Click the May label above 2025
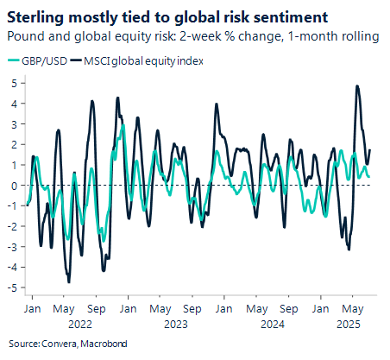(x=352, y=307)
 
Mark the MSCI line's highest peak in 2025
(x=357, y=85)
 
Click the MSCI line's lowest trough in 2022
(x=68, y=281)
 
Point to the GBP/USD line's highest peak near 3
(x=123, y=125)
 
